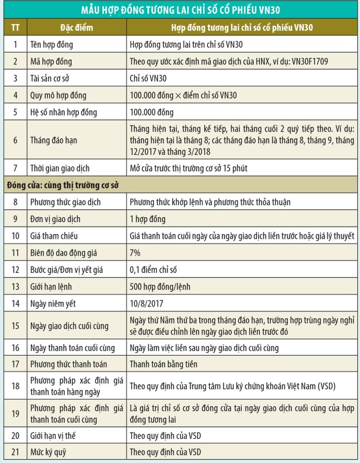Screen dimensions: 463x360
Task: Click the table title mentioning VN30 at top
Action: (179, 10)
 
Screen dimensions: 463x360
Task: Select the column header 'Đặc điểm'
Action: (77, 28)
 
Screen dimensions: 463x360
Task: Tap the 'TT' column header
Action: (15, 28)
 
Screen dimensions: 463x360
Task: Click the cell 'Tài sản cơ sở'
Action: (51, 78)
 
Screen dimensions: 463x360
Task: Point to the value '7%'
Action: (136, 254)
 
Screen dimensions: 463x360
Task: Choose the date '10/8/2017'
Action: (146, 304)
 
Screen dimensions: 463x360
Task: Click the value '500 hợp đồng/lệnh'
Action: (159, 287)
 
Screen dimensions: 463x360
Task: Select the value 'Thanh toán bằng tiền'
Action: (164, 364)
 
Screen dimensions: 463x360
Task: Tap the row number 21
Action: (15, 452)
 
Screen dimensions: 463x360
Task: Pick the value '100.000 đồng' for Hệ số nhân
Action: (151, 112)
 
